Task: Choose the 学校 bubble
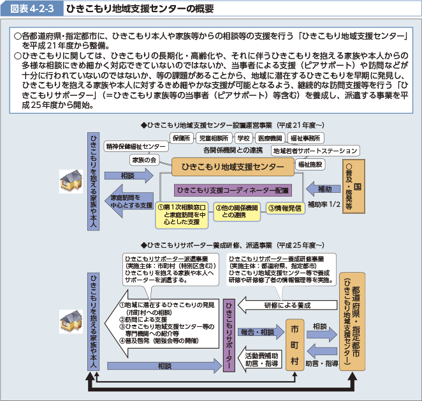point(243,137)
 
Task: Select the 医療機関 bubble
point(270,137)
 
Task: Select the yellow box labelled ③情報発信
point(284,208)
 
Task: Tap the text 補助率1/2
point(323,205)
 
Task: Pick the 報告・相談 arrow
point(259,332)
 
